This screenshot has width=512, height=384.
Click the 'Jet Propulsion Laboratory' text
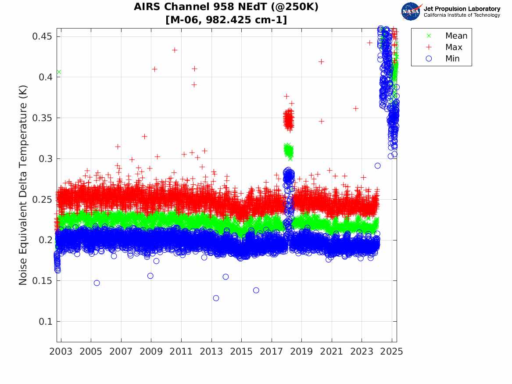click(462, 9)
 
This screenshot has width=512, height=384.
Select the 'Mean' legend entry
click(456, 36)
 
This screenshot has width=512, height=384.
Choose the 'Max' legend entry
click(453, 47)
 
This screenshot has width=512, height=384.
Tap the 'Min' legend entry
click(452, 58)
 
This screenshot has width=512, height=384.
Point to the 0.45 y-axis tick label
click(41, 36)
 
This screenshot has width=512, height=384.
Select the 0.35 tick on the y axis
click(41, 118)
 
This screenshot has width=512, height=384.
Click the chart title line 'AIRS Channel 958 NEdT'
click(226, 7)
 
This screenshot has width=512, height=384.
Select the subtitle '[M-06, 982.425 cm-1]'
click(226, 20)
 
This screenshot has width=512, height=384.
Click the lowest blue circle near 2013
click(216, 298)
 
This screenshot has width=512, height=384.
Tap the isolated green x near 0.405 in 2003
click(59, 72)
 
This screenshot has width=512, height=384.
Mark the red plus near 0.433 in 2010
click(175, 50)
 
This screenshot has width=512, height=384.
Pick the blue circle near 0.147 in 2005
click(97, 283)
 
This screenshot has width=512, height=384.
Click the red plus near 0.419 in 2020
click(321, 61)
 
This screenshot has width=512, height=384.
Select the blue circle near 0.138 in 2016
click(256, 290)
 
